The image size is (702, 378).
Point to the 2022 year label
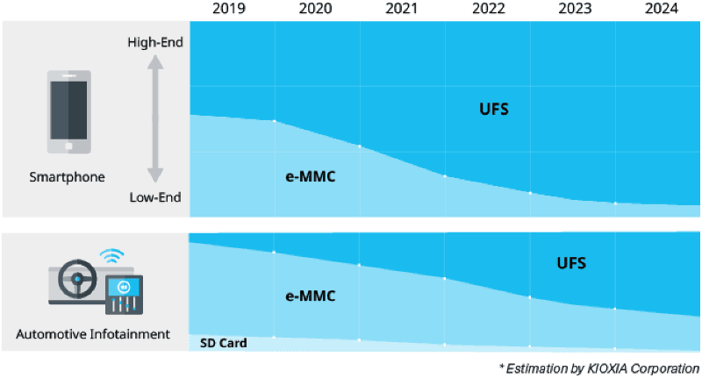pos(487,9)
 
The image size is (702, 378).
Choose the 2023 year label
pos(572,9)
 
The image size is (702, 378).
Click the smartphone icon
pos(68,110)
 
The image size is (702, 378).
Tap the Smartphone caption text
pos(68,176)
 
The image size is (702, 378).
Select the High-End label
pos(154,41)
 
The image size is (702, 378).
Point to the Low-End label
pos(155,197)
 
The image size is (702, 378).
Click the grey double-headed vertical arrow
pos(155,119)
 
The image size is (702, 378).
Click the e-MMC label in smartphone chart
pos(310,175)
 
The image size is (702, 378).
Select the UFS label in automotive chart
pos(571,262)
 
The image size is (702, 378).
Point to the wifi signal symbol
pos(110,256)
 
